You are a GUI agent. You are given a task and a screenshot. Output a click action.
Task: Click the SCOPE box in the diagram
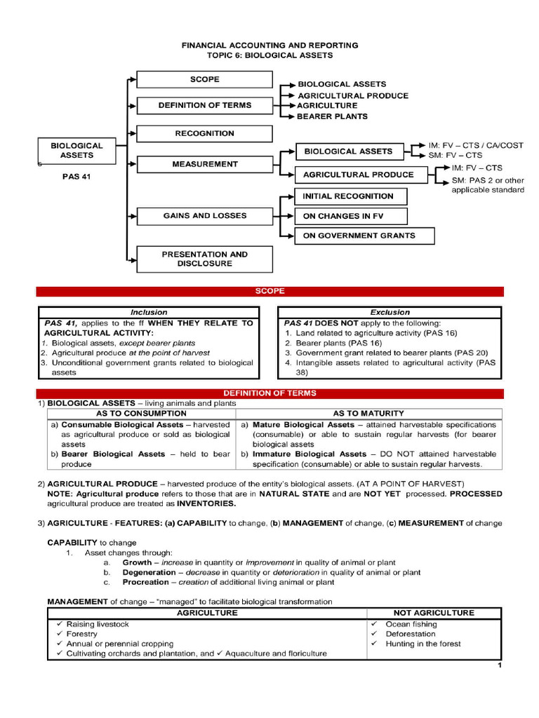[x=204, y=80]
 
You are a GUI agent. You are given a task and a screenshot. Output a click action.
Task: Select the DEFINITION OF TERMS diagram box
[x=204, y=106]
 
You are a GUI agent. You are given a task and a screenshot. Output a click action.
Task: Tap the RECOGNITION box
[x=204, y=133]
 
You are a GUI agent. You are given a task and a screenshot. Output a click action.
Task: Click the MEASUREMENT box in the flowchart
[x=204, y=164]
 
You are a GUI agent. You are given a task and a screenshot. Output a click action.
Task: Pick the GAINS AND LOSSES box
[x=204, y=216]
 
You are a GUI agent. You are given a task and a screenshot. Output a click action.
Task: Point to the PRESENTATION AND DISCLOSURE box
[x=204, y=259]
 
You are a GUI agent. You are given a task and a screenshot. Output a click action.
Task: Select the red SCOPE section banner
[x=270, y=291]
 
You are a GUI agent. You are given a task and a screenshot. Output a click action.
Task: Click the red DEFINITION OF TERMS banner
[x=270, y=393]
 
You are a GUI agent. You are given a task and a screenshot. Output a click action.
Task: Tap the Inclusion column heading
[x=149, y=313]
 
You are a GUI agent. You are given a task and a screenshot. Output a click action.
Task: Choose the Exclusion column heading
[x=390, y=313]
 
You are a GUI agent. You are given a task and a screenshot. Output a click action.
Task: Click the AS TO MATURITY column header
[x=368, y=414]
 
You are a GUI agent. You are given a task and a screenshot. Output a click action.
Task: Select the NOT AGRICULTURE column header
[x=434, y=613]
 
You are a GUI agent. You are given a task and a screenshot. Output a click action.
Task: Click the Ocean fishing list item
[x=411, y=624]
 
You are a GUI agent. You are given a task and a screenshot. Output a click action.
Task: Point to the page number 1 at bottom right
[x=499, y=665]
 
